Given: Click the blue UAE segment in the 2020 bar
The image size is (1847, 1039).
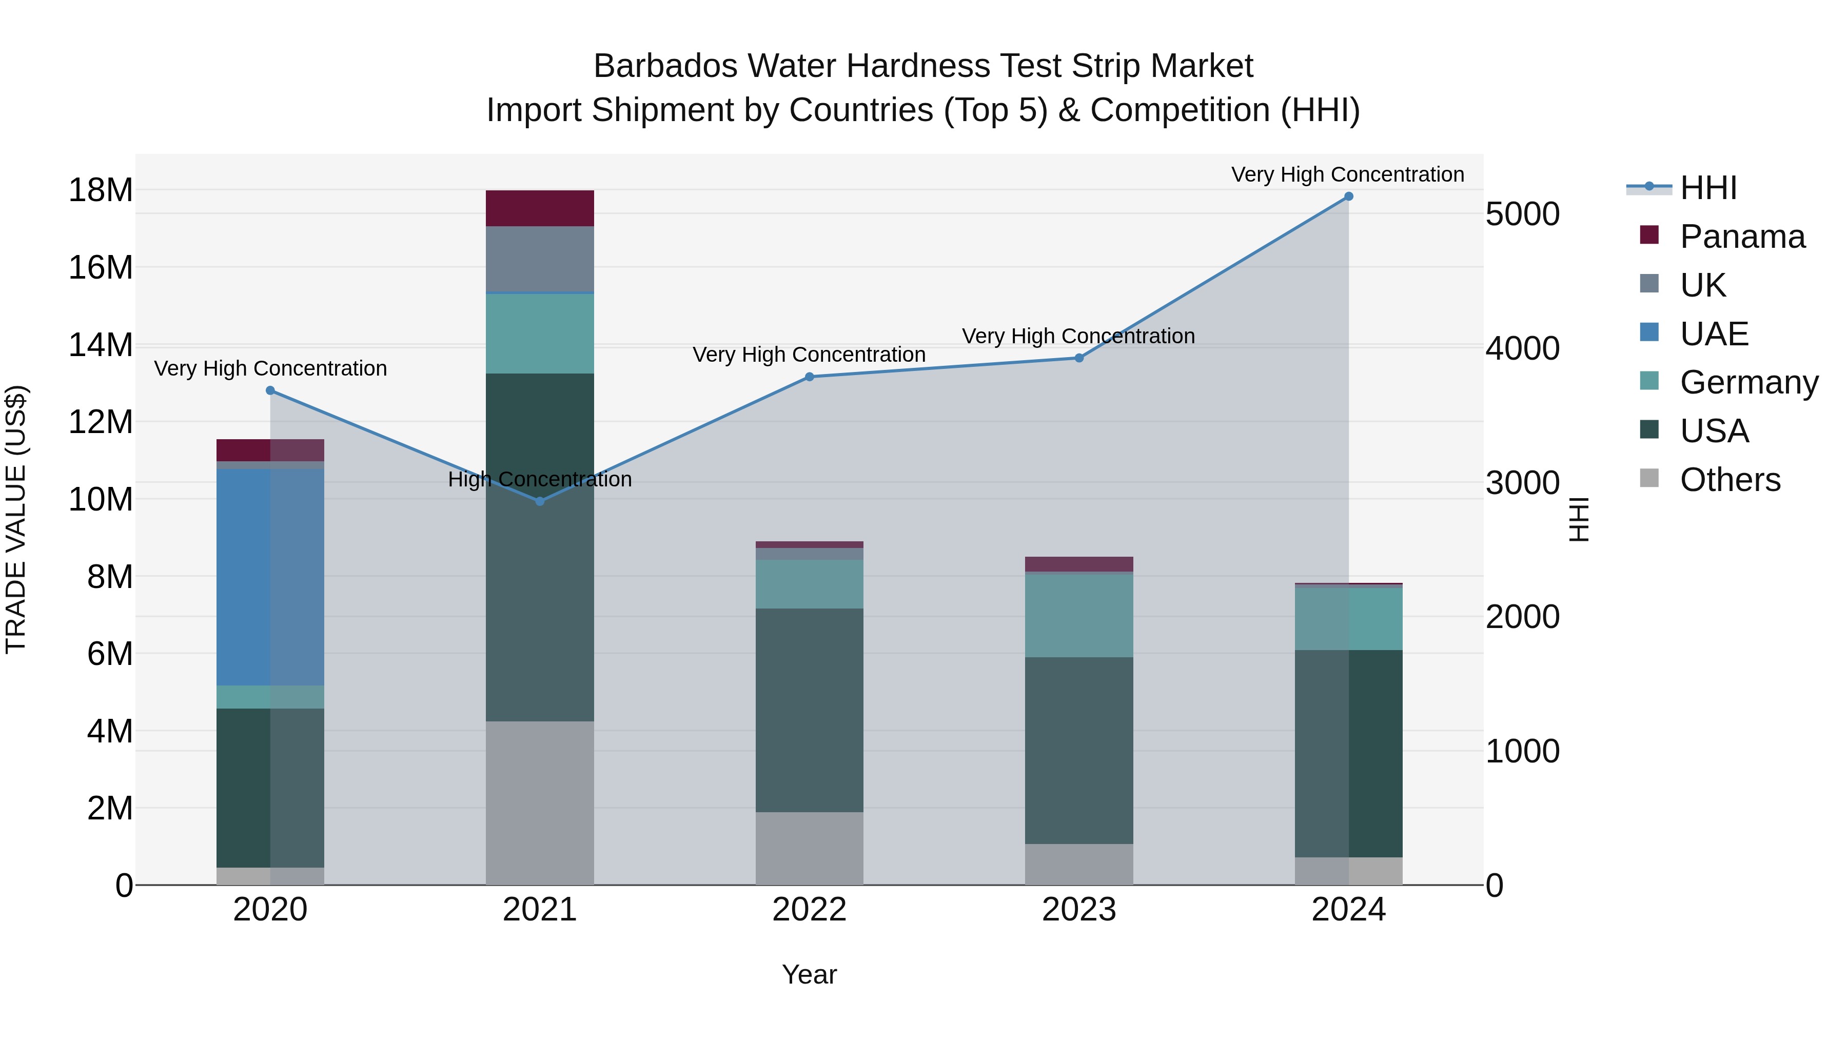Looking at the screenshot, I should tap(244, 577).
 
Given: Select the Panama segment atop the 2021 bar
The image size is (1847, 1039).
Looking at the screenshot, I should tap(540, 208).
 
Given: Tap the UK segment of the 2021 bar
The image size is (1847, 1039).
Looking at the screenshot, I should tap(540, 259).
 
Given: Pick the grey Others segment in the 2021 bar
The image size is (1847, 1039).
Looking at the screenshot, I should tap(540, 802).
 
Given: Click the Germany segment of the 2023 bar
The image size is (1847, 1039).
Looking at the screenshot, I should tap(1078, 615).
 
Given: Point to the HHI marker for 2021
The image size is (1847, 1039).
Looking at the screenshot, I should tap(540, 501).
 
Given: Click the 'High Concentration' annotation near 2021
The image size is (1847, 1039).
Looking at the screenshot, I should tap(540, 479).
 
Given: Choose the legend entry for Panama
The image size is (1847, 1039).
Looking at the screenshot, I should tap(1742, 237).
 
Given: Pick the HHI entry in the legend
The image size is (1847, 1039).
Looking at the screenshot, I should tap(1708, 188).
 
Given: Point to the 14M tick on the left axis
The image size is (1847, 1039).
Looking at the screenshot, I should tap(101, 345).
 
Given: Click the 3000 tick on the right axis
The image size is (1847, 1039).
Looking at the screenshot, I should tap(1522, 483).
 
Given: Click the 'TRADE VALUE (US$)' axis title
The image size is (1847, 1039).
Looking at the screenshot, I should tap(16, 519).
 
